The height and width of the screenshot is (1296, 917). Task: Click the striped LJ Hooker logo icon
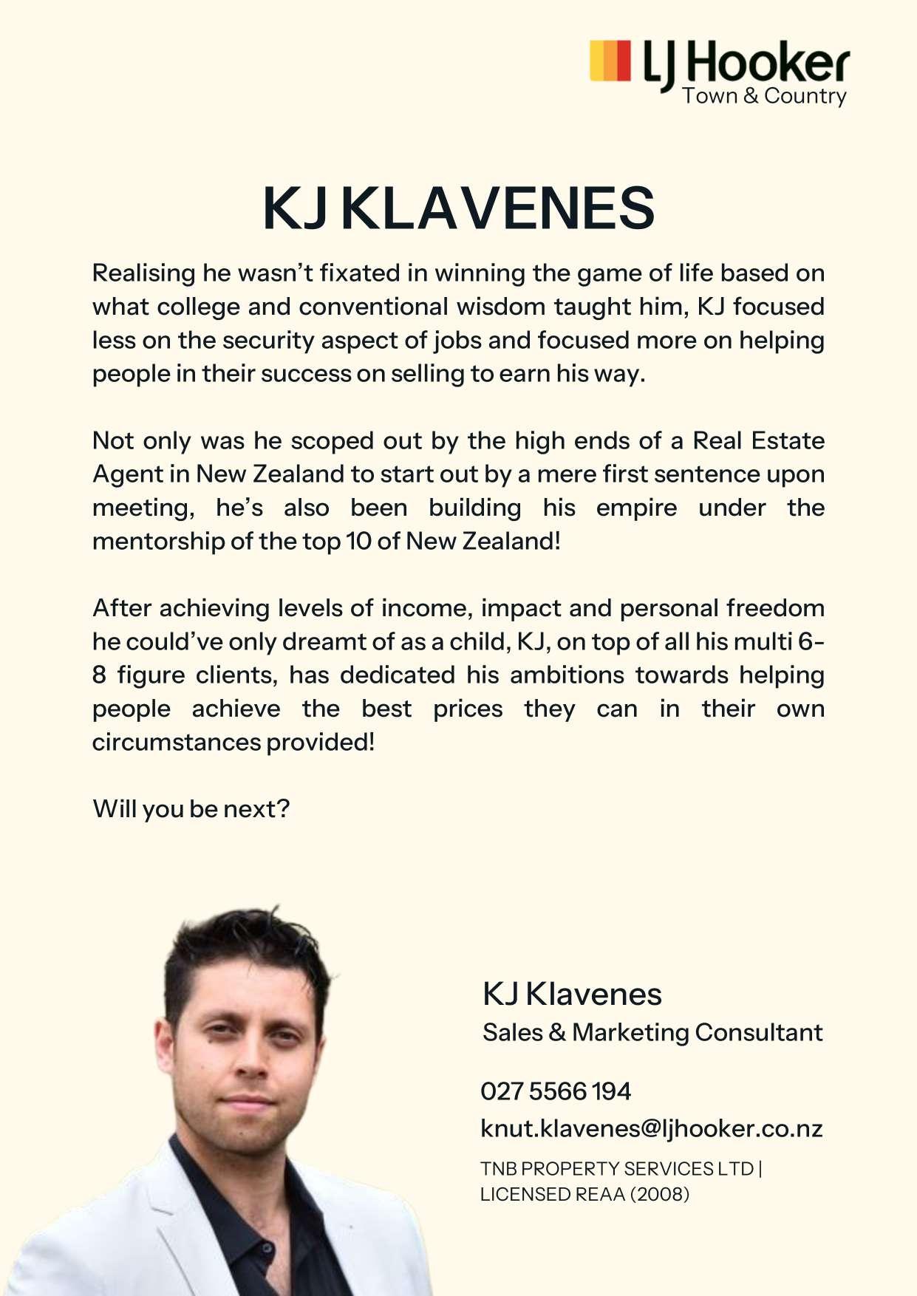(x=610, y=60)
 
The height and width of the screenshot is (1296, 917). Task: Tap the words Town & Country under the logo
(x=764, y=96)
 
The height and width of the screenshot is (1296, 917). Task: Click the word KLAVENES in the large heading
(x=497, y=208)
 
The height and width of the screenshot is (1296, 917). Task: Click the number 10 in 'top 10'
(x=358, y=541)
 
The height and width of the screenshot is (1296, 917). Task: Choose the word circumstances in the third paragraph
(x=176, y=742)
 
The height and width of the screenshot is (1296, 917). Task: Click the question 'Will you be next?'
(x=191, y=809)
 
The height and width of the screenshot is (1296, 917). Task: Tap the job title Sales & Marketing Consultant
(x=652, y=1032)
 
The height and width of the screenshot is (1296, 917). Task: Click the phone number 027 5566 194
(x=556, y=1091)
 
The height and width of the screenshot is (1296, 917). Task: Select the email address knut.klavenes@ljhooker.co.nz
(x=651, y=1128)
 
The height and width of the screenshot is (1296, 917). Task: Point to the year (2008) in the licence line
(x=660, y=1194)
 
